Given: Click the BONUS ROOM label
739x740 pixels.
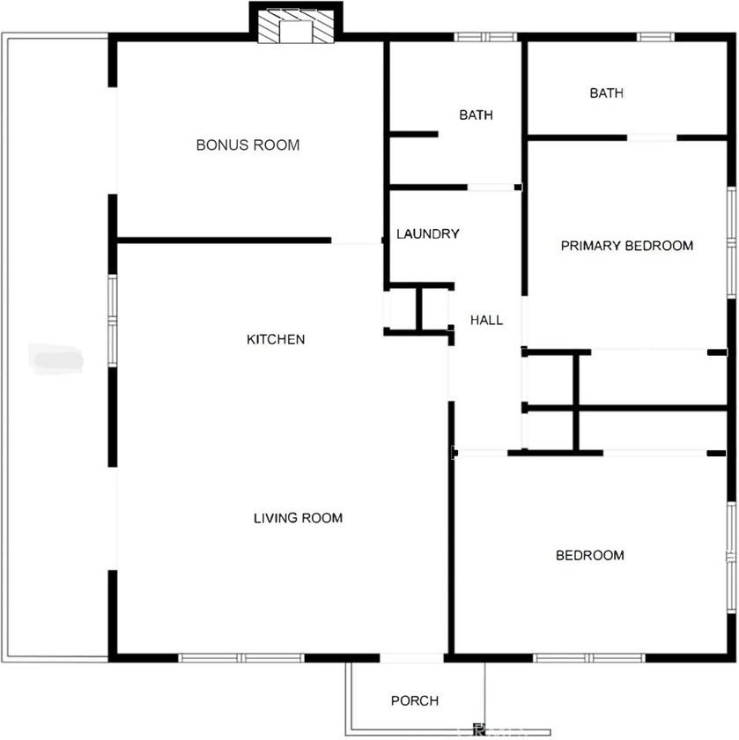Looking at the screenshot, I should pyautogui.click(x=248, y=145).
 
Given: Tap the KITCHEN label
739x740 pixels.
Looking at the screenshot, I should pyautogui.click(x=276, y=339).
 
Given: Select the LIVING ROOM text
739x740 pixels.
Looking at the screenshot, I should pyautogui.click(x=298, y=518).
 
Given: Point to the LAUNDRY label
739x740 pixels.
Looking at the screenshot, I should pyautogui.click(x=427, y=234).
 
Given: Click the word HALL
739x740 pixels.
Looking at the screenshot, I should pyautogui.click(x=486, y=320).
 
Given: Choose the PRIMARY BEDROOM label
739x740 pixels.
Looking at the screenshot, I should pyautogui.click(x=627, y=246).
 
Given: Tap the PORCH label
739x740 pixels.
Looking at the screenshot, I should pyautogui.click(x=415, y=701).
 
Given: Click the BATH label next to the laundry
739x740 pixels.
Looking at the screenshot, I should pyautogui.click(x=476, y=115).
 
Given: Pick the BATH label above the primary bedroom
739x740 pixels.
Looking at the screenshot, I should pyautogui.click(x=607, y=92).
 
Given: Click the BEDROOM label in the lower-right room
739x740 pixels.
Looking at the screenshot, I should pyautogui.click(x=589, y=555).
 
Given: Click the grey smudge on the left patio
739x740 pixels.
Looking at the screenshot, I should pyautogui.click(x=56, y=357).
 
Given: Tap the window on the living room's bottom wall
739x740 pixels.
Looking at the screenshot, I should pyautogui.click(x=240, y=657).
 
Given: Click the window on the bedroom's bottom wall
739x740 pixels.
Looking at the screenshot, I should pyautogui.click(x=589, y=657).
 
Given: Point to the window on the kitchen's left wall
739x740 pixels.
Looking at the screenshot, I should pyautogui.click(x=113, y=320).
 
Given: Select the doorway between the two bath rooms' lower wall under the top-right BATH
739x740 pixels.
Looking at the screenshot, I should pyautogui.click(x=652, y=137).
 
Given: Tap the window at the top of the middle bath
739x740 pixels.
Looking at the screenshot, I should pyautogui.click(x=484, y=37).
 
